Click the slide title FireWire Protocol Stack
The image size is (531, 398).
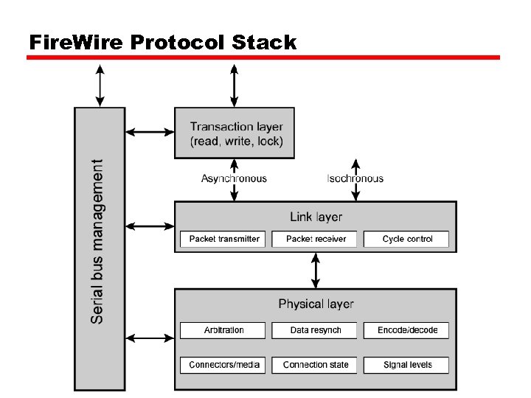(x=162, y=43)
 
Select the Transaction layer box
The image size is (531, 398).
(x=234, y=133)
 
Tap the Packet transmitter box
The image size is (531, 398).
(x=224, y=240)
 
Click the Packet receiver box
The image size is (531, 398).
(x=316, y=240)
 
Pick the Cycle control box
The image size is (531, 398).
(x=407, y=240)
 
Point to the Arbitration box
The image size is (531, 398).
(x=224, y=330)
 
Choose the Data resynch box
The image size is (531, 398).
(x=316, y=330)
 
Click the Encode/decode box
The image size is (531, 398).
(x=407, y=330)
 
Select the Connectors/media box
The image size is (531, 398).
(x=224, y=365)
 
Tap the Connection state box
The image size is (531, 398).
(x=316, y=365)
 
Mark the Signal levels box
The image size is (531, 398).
(x=407, y=365)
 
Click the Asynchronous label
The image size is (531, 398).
(x=234, y=178)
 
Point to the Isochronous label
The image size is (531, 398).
(x=355, y=178)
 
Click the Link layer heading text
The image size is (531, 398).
(x=316, y=217)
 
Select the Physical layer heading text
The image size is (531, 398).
(x=316, y=304)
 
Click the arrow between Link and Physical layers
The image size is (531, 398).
(x=316, y=270)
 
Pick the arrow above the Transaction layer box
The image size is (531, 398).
(x=234, y=85)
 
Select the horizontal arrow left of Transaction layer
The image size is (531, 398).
(x=149, y=133)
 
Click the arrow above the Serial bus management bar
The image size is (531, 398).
(x=100, y=85)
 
